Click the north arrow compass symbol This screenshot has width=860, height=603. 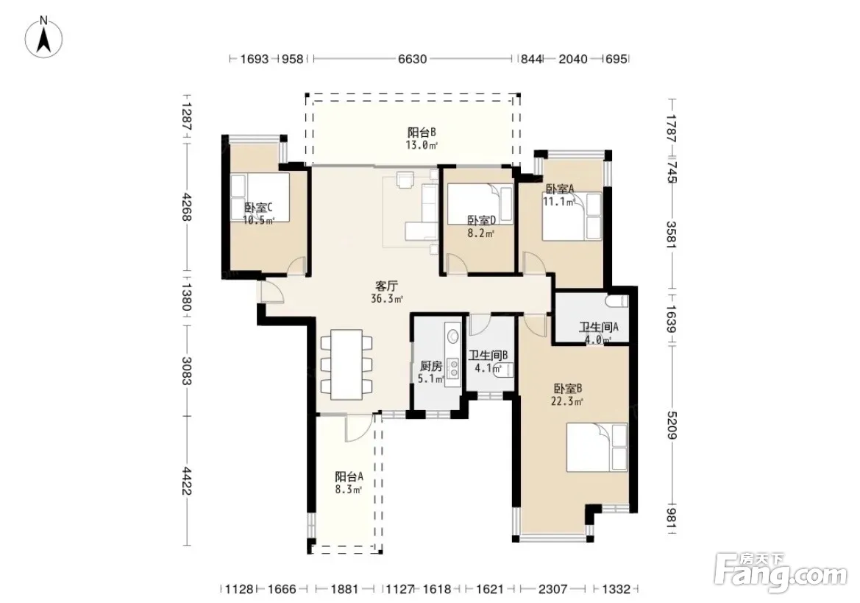44,38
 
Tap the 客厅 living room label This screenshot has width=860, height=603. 386,286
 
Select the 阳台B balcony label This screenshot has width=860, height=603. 422,133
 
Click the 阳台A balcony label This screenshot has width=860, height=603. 349,477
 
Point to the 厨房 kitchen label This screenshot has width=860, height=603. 430,366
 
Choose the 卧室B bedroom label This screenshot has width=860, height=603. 568,389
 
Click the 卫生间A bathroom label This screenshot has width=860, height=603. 599,327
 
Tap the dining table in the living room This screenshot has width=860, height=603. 346,364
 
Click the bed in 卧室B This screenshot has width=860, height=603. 597,447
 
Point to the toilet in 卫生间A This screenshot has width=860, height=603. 617,300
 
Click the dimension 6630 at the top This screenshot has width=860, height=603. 412,59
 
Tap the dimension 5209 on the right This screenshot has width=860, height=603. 672,426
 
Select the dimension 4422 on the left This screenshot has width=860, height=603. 186,481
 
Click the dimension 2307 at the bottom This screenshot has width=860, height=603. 552,589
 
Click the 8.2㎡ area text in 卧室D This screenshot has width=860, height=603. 481,233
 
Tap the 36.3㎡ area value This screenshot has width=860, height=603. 387,299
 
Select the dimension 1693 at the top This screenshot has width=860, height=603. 255,59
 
